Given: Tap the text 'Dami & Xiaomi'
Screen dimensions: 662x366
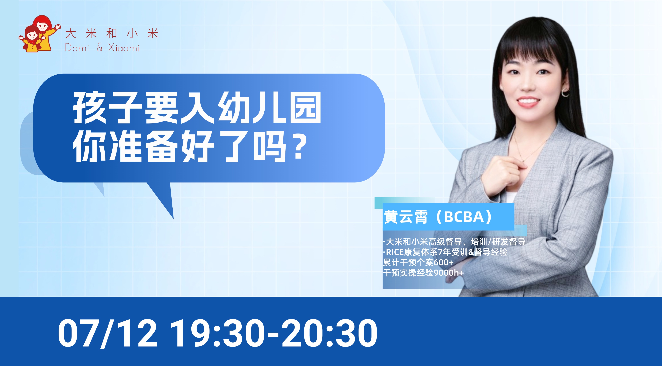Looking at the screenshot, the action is pyautogui.click(x=102, y=48).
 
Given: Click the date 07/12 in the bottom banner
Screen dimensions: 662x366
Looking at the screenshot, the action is pyautogui.click(x=107, y=333).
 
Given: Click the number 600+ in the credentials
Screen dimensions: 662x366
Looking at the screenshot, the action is pyautogui.click(x=443, y=262).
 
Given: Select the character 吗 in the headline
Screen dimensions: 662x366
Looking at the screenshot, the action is pyautogui.click(x=270, y=146).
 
